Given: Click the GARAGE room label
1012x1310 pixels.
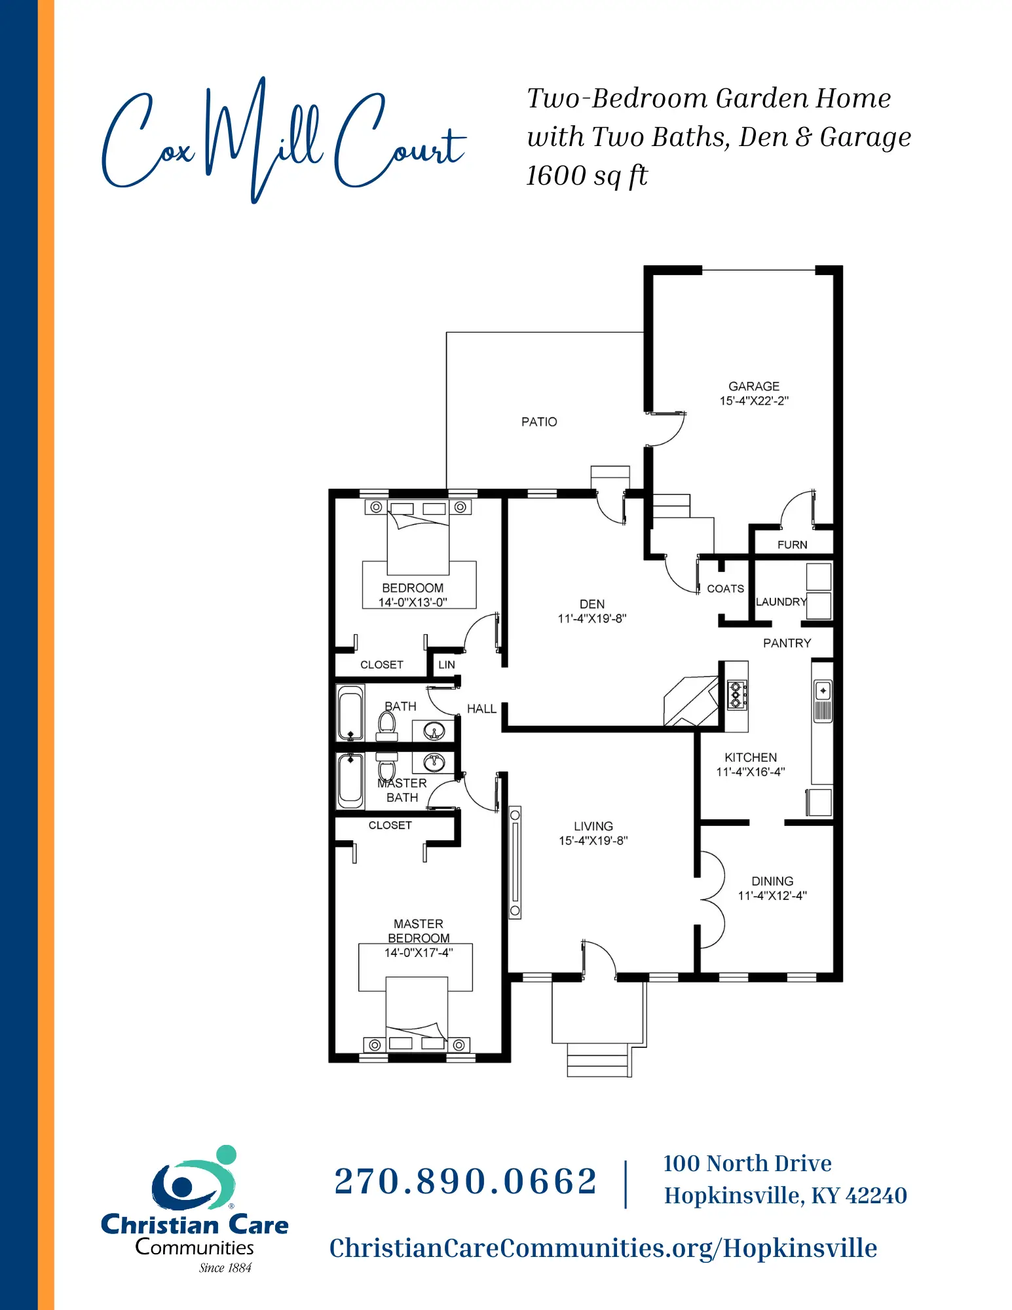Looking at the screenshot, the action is (x=754, y=386).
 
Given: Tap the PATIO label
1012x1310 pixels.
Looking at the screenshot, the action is (x=539, y=422).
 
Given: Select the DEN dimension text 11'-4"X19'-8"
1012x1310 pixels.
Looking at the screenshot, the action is (x=592, y=618).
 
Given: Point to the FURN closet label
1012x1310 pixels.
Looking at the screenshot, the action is (x=792, y=545).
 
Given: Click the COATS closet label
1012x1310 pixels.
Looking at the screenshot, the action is (x=725, y=589).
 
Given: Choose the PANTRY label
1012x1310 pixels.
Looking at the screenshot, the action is (x=787, y=643).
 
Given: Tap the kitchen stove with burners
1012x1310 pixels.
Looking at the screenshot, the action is (x=737, y=695).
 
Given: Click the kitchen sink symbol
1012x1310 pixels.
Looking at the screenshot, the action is (x=823, y=702).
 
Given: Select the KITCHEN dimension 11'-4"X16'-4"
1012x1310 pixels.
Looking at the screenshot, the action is (x=750, y=772).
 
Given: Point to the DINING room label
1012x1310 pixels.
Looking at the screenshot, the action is (x=772, y=881).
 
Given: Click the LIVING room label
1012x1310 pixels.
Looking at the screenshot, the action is (x=593, y=826).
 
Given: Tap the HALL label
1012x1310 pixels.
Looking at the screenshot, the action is (x=481, y=709).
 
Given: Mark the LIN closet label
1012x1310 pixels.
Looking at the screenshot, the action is (x=447, y=665).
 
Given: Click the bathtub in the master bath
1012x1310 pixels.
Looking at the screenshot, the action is (x=350, y=781).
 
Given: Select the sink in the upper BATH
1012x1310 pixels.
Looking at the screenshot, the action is (x=434, y=730).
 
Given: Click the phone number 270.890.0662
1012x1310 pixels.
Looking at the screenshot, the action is (x=466, y=1182).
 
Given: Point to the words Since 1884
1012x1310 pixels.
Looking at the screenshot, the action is (x=225, y=1268).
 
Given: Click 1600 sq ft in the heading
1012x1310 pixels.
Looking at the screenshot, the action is (x=587, y=176).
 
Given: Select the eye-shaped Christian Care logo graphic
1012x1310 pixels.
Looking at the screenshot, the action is (x=194, y=1178).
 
